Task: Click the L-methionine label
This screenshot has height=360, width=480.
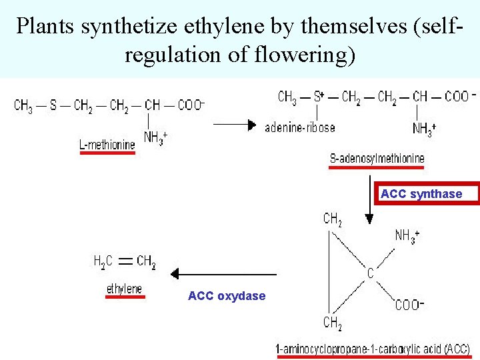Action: (x=107, y=144)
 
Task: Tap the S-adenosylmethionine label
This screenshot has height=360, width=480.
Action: (x=377, y=159)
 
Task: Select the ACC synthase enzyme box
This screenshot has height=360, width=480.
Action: (x=421, y=194)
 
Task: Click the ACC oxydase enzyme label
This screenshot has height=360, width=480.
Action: (x=227, y=296)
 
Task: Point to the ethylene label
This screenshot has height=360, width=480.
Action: (x=125, y=289)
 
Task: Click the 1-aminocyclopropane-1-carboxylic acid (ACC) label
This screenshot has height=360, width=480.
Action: (x=373, y=349)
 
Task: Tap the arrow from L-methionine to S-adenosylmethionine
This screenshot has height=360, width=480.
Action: (x=234, y=124)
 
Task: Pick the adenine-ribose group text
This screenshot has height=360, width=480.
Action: (x=300, y=127)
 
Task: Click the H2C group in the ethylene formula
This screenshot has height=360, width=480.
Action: (x=103, y=262)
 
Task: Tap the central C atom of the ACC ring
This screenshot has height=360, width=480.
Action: (x=370, y=273)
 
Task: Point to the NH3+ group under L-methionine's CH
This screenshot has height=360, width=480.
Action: (x=155, y=138)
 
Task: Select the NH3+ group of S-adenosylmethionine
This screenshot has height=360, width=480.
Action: (x=424, y=129)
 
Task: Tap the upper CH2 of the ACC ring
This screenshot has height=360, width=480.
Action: (x=333, y=219)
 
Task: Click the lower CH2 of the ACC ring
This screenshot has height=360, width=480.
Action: (x=333, y=323)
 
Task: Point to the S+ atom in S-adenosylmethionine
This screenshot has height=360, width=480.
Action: (x=319, y=97)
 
